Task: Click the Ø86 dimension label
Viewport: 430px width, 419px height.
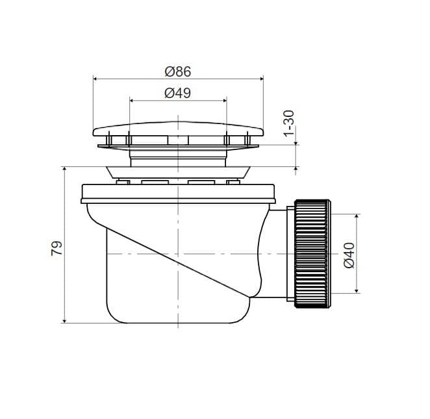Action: pos(178,71)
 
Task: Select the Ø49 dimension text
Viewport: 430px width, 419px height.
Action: pos(178,93)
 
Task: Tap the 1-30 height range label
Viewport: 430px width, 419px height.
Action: pos(289,123)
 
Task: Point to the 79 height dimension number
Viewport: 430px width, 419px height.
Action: pos(57,248)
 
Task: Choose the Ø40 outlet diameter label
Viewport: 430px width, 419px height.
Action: pos(349,255)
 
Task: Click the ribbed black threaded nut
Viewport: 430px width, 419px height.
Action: pos(312,254)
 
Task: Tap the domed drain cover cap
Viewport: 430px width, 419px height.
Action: pos(178,129)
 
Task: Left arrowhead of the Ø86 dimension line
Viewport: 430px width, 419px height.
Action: pos(95,79)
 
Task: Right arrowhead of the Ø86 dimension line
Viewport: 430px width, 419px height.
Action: pos(261,79)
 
